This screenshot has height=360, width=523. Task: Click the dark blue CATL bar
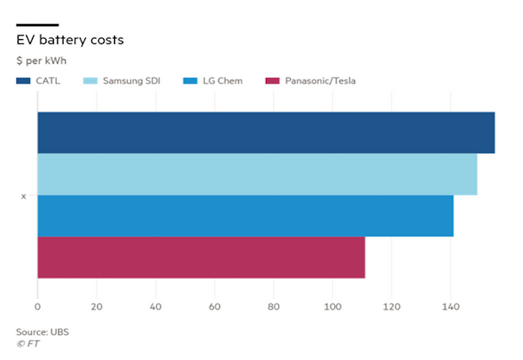[266, 132]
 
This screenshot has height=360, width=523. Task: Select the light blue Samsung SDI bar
[257, 174]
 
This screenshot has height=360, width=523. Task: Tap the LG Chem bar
[245, 215]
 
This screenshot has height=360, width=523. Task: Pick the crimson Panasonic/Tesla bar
[201, 257]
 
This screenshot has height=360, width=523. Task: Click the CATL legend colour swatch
[23, 81]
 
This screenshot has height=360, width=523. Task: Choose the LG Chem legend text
[222, 81]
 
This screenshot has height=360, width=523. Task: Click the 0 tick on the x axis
[37, 306]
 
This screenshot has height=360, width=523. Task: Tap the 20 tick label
[97, 306]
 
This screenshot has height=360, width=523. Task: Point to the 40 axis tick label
[156, 306]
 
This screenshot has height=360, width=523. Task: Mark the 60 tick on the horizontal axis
[215, 306]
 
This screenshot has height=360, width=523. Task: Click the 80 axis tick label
[274, 306]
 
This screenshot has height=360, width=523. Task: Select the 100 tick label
[333, 306]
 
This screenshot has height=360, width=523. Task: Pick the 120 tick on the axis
[391, 306]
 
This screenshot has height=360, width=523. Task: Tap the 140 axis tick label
[450, 306]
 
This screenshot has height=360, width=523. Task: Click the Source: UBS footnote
[42, 331]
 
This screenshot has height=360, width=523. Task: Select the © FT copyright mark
[28, 344]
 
